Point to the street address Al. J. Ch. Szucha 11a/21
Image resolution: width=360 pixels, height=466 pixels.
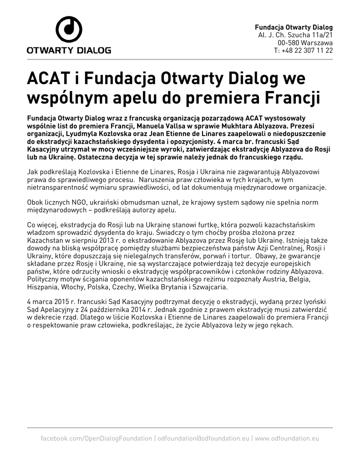[295, 35]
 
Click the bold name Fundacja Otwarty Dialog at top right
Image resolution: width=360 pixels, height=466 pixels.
[294, 27]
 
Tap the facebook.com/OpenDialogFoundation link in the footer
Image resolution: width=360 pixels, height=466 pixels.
[96, 438]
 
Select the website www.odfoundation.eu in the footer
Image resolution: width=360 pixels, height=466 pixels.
[287, 438]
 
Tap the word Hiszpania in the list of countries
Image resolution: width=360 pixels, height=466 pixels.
[42, 288]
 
